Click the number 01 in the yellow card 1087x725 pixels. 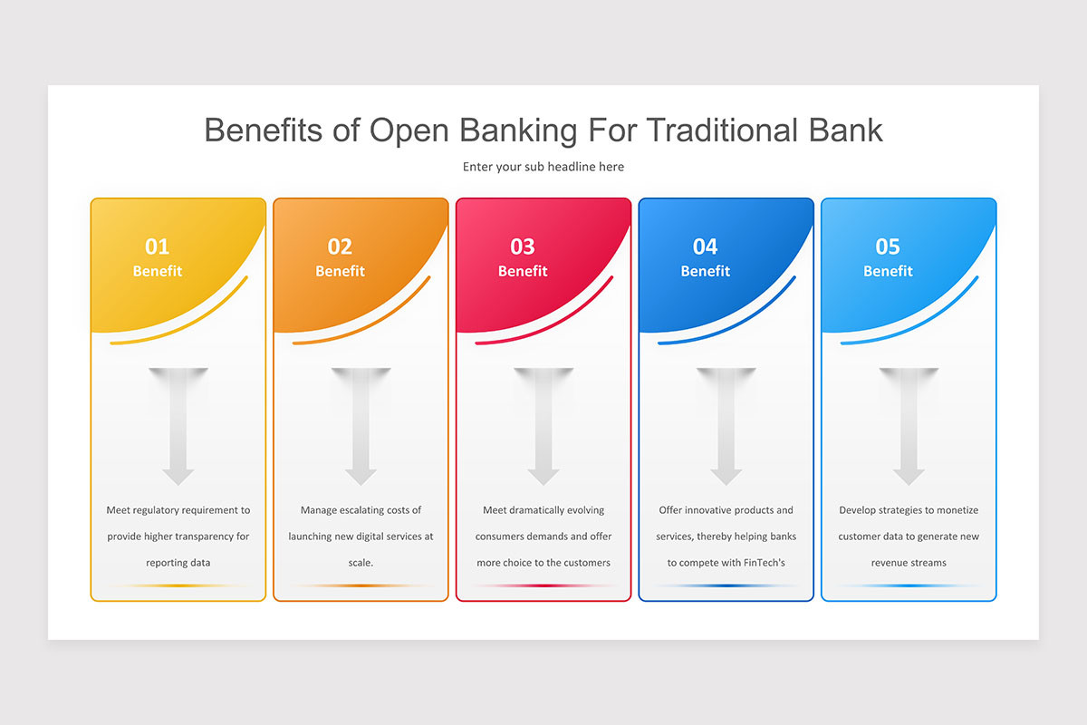[x=157, y=246]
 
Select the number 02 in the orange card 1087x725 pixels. [x=340, y=246]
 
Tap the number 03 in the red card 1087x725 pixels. [x=523, y=246]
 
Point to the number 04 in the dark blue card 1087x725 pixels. [x=705, y=246]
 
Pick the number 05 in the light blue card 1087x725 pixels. [x=888, y=246]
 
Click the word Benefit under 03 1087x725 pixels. [x=523, y=271]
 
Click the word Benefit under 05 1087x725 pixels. [x=888, y=271]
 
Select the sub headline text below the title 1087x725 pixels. [x=543, y=167]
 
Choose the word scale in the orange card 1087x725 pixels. [x=360, y=563]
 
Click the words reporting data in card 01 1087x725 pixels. [x=178, y=563]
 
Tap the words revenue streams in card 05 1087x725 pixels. [x=909, y=563]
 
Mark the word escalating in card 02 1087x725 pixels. [x=365, y=510]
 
